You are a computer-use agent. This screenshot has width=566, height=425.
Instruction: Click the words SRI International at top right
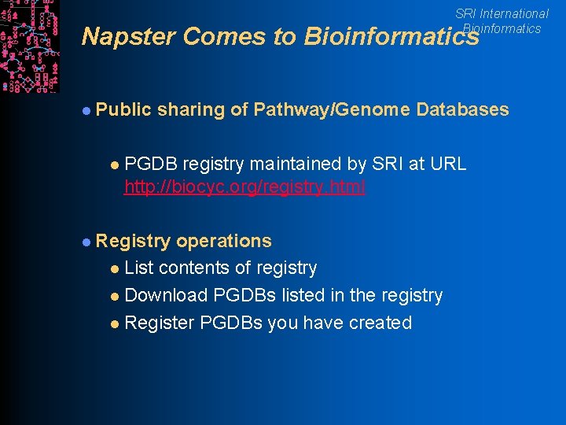click(502, 13)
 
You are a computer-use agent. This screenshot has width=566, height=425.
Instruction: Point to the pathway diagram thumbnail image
click(29, 46)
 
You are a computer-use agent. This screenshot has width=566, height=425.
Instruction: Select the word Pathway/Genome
click(332, 109)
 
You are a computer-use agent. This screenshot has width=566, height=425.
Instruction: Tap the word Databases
click(463, 109)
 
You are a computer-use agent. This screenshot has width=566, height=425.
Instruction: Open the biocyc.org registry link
click(244, 188)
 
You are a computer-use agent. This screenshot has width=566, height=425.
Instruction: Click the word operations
click(224, 241)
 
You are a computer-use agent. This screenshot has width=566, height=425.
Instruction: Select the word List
click(139, 268)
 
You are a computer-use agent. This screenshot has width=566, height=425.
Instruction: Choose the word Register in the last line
click(160, 323)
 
